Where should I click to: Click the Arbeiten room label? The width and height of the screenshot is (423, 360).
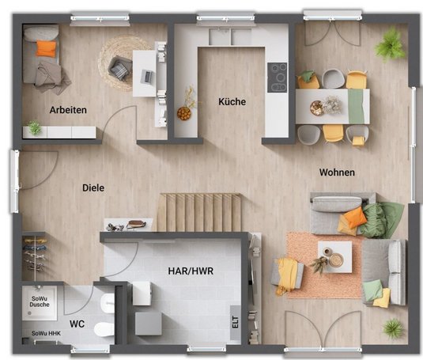68,110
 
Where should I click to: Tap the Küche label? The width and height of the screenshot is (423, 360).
232,102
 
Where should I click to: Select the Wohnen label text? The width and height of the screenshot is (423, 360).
337,172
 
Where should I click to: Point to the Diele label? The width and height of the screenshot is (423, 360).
93,188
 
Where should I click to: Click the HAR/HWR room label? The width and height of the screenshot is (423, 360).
191,271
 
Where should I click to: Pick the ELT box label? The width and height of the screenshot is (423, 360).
236,322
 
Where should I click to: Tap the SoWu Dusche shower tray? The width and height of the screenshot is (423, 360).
40,303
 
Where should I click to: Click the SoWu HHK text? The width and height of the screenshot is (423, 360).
46,333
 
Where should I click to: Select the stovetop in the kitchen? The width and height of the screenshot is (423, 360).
277,78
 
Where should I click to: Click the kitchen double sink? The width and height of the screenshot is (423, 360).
230,36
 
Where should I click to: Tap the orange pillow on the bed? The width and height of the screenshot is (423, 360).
46,48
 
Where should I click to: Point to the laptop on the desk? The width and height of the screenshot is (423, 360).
147,76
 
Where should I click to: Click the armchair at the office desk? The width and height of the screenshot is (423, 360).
120,68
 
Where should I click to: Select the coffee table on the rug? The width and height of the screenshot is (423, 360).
334,257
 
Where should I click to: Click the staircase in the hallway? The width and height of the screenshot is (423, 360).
199,212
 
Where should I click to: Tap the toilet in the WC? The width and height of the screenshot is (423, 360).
104,329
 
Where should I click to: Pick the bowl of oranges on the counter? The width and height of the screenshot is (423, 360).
184,113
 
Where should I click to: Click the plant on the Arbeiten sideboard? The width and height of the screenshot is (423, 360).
35,127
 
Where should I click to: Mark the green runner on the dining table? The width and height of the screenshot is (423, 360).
356,106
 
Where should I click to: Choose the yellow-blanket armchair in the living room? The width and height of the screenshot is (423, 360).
287,275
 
